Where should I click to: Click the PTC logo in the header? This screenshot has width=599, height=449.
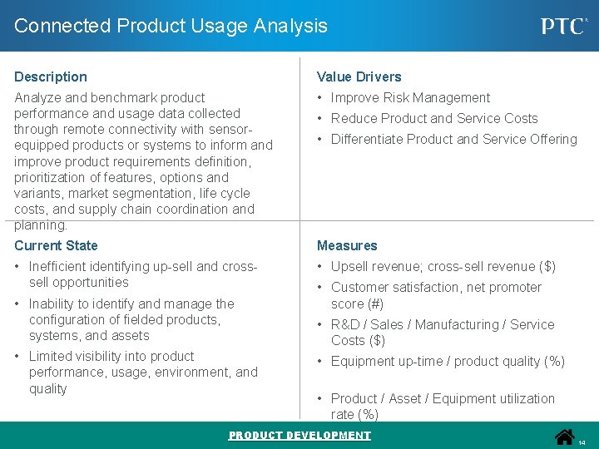(564, 26)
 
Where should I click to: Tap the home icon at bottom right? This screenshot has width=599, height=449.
(565, 437)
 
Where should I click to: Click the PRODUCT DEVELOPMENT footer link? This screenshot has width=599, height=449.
(299, 436)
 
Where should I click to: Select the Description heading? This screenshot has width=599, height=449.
(51, 76)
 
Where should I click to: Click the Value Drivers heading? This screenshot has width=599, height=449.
(359, 76)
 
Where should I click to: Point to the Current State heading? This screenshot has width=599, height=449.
(56, 245)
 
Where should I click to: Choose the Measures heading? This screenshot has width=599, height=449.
(347, 245)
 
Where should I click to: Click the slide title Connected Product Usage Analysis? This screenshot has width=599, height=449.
(171, 26)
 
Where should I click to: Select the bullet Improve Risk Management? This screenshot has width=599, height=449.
(410, 97)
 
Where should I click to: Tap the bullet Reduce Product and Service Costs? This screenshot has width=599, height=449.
(434, 118)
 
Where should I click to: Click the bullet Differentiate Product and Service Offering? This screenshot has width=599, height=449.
(453, 139)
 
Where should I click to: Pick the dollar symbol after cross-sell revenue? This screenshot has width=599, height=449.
(547, 266)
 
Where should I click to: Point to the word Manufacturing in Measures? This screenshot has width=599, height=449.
(453, 324)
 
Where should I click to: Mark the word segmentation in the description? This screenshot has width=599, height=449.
(146, 193)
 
